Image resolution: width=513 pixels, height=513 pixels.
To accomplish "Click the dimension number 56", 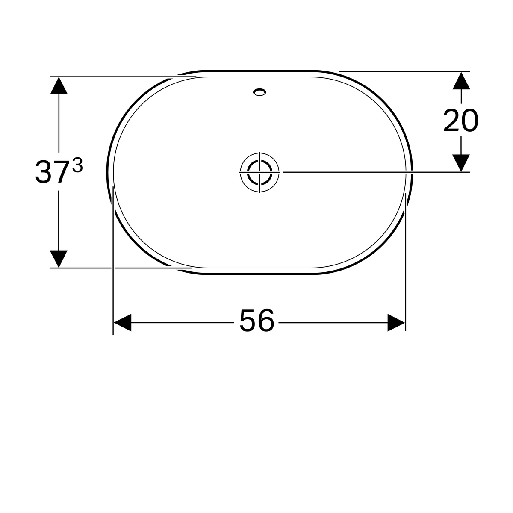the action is point(256,320).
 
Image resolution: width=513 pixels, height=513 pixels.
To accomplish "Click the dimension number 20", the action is point(461,120).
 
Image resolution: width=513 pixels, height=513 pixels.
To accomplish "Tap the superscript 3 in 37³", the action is point(77,165).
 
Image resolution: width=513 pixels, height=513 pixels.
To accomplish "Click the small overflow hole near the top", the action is point(259,92).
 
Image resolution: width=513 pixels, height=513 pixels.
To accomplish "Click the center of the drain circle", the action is point(259,172).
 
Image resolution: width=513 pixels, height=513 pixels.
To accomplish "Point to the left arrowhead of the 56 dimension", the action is point(122,323).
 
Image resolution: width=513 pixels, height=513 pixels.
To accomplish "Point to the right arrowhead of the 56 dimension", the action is point(396,323).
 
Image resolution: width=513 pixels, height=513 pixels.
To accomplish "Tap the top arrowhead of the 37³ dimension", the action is point(59,86).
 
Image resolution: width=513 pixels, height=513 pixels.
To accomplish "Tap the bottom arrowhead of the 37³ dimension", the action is point(59,259).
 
